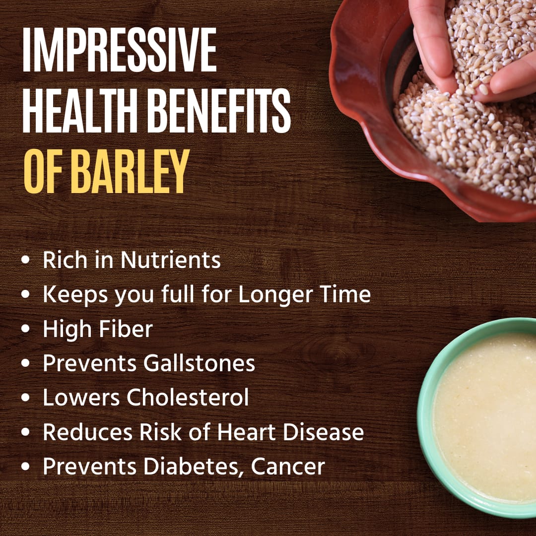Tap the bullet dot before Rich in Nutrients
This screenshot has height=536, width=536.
(x=26, y=260)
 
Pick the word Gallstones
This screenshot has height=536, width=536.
(x=199, y=363)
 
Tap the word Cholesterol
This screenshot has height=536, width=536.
(x=188, y=398)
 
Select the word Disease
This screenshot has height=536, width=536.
(x=323, y=432)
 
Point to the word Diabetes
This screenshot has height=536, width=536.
(x=193, y=467)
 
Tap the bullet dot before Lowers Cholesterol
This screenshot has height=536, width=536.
(x=26, y=398)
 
